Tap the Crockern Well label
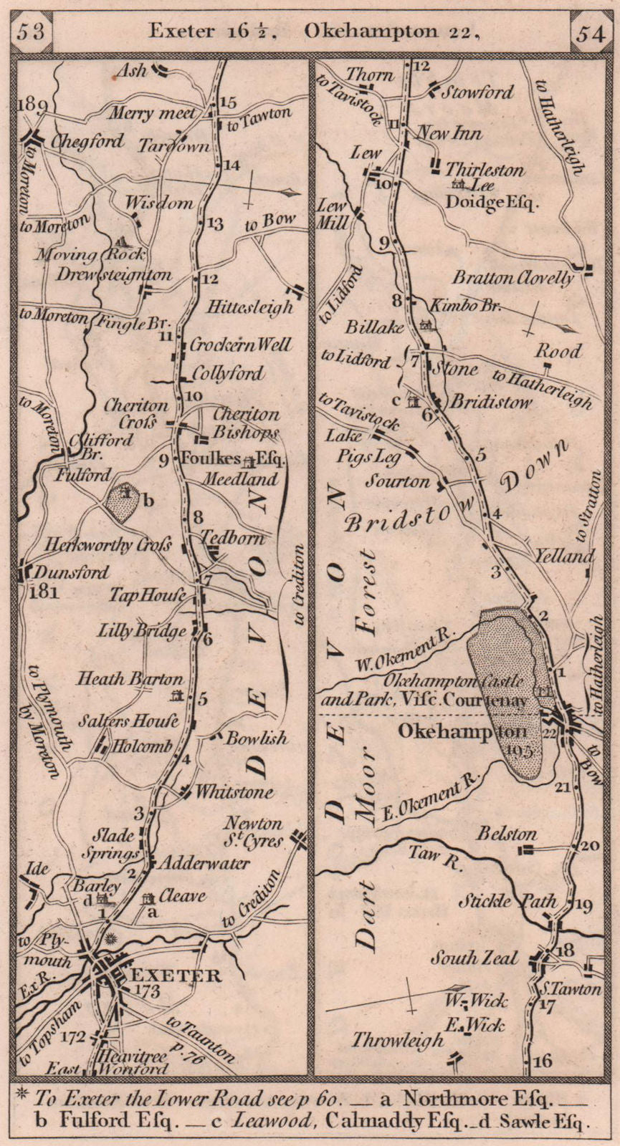[x=240, y=345]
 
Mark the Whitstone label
[x=234, y=791]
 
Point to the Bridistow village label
[x=491, y=402]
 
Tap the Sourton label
[x=398, y=481]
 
